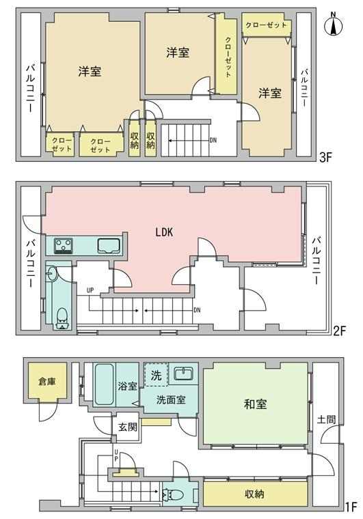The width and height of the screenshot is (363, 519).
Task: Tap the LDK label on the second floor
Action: coord(164,232)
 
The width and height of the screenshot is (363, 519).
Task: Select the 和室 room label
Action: coord(255,404)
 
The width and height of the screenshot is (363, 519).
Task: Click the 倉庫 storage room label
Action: coord(46,382)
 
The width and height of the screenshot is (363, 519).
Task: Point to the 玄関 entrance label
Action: coord(128,427)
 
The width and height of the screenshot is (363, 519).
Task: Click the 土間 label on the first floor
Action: coord(326,419)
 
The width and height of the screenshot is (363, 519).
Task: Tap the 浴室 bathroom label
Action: coord(128,386)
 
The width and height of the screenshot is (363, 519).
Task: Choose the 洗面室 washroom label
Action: coord(171,400)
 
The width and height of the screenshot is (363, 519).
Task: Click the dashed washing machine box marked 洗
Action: coord(156,375)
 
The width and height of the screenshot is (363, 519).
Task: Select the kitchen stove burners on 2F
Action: coord(64,246)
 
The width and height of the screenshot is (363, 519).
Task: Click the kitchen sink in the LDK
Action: coord(108,246)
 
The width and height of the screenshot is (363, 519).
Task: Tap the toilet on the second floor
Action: coord(62,318)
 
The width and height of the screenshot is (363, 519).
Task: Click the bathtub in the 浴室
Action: coord(104,384)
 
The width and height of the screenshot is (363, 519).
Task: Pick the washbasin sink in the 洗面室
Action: coord(183,374)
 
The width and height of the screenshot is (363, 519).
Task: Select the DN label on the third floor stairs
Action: coord(213,140)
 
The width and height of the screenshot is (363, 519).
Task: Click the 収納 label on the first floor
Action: coord(255,494)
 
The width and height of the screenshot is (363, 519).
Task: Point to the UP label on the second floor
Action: coord(90,291)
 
